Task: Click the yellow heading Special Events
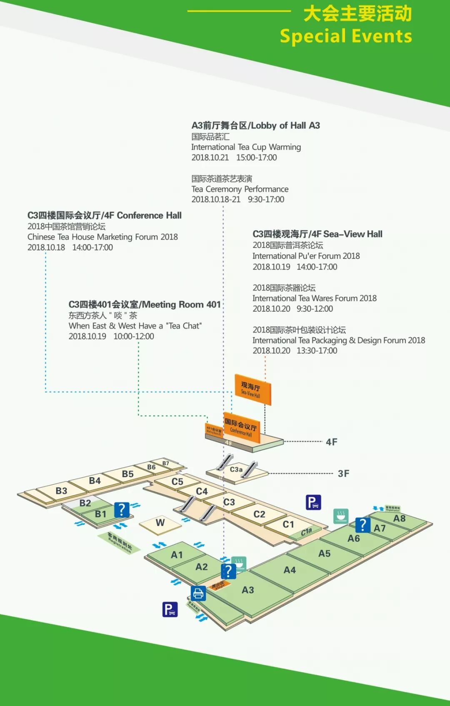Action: pyautogui.click(x=346, y=36)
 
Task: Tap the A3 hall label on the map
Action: pyautogui.click(x=247, y=590)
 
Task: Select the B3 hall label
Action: pyautogui.click(x=61, y=491)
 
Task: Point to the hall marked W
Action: pyautogui.click(x=160, y=523)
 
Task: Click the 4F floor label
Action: pyautogui.click(x=332, y=442)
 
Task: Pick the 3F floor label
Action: pyautogui.click(x=343, y=473)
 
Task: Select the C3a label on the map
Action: pyautogui.click(x=236, y=470)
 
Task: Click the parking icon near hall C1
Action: pyautogui.click(x=313, y=502)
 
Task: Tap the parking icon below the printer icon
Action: pyautogui.click(x=170, y=609)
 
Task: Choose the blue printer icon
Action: pyautogui.click(x=198, y=593)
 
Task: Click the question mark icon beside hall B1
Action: pyautogui.click(x=122, y=509)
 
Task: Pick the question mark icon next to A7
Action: pyautogui.click(x=363, y=525)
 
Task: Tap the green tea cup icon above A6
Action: pyautogui.click(x=341, y=516)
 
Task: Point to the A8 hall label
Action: pyautogui.click(x=399, y=518)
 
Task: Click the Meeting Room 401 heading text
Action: pyautogui.click(x=145, y=305)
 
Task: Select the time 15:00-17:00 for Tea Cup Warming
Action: pyautogui.click(x=257, y=158)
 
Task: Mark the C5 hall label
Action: pyautogui.click(x=177, y=481)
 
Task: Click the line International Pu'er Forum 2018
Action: pyautogui.click(x=306, y=256)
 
